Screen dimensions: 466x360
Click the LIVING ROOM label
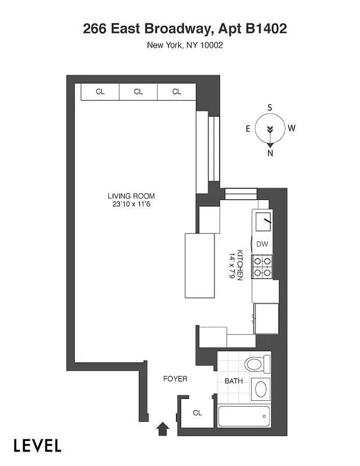[131, 196]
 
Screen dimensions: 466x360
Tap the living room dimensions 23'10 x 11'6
[131, 204]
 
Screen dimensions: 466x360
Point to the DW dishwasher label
[262, 244]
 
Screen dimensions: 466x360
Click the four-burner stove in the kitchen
[262, 266]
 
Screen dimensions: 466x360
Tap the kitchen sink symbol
[263, 222]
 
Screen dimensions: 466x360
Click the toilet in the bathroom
[256, 365]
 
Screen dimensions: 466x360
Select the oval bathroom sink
[260, 389]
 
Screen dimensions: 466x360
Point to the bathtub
[244, 417]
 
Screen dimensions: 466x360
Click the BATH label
[234, 382]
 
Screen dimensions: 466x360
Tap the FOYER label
[175, 379]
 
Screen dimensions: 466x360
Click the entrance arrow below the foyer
[164, 429]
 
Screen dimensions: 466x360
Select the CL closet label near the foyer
[197, 413]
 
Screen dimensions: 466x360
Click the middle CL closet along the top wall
[138, 91]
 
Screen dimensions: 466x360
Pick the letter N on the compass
[270, 153]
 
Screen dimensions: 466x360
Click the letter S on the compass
[270, 108]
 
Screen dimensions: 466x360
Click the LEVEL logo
[38, 446]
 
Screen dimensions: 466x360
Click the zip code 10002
[210, 45]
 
